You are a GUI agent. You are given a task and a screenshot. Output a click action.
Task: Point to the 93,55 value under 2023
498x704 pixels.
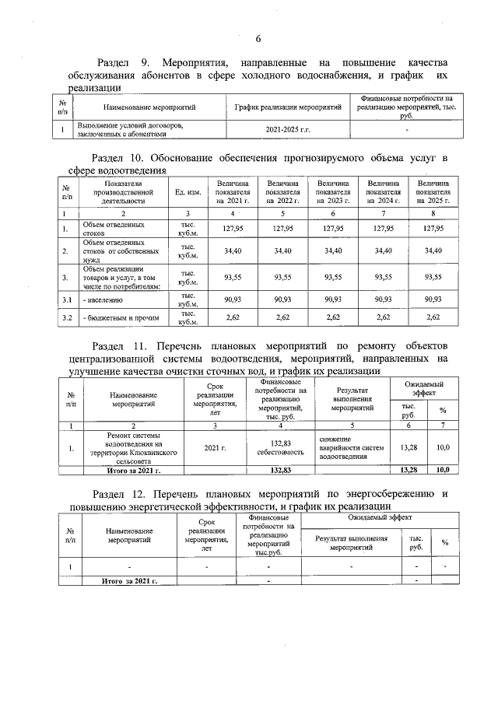[x=333, y=277]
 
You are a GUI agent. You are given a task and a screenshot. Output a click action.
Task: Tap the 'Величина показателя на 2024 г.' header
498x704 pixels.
[x=381, y=191]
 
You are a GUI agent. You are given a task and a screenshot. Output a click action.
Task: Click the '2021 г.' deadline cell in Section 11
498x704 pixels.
[x=215, y=449]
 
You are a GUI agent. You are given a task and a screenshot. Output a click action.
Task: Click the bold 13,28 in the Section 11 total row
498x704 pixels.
[x=408, y=471]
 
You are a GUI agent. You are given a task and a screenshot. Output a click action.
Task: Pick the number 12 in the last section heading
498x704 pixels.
[x=147, y=494]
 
